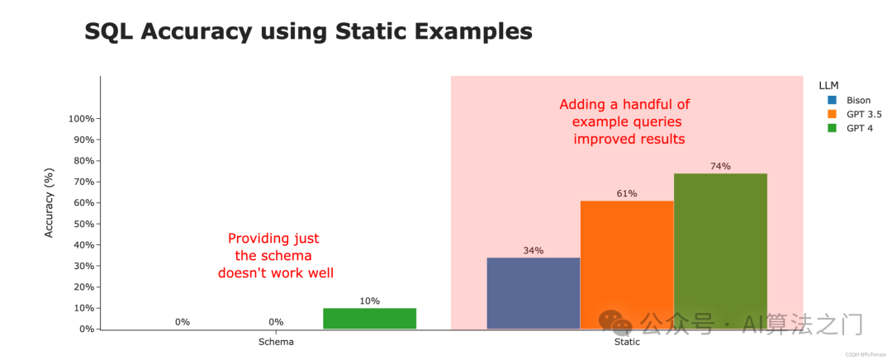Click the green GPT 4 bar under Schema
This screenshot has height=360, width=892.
tap(370, 319)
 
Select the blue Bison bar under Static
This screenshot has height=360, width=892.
tap(534, 293)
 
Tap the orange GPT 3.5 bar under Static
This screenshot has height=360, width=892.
tap(627, 265)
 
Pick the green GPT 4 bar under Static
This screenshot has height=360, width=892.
tap(720, 251)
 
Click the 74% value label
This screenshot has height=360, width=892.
tap(720, 166)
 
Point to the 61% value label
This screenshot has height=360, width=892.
tap(627, 193)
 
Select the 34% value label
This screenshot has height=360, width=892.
tap(534, 250)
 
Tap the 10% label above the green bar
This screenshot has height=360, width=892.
tap(370, 301)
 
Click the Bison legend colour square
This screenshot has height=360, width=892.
tap(832, 101)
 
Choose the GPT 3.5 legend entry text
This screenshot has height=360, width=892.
tap(866, 115)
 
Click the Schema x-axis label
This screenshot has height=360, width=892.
tap(277, 343)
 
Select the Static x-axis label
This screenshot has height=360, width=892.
tap(627, 343)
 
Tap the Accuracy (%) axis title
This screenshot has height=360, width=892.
tap(50, 202)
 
